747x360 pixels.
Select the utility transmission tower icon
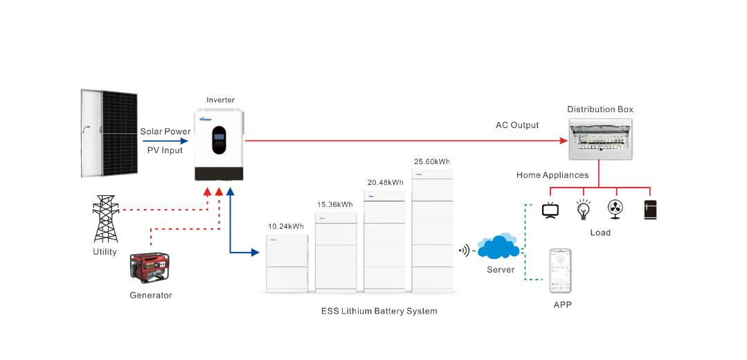[x=105, y=218]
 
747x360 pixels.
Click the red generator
[x=150, y=267]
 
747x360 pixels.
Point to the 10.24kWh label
[x=286, y=226]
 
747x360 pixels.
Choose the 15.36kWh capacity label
[x=335, y=204]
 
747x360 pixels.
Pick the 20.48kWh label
[x=385, y=183]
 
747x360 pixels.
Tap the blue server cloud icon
[x=499, y=247]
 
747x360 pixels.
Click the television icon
[x=550, y=210]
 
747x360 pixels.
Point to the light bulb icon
[x=584, y=208]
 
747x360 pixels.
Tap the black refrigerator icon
[x=649, y=209]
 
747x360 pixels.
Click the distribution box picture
[x=600, y=140]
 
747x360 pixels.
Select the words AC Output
[x=517, y=125]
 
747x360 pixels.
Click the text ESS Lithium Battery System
[x=379, y=311]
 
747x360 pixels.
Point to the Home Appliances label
[x=552, y=175]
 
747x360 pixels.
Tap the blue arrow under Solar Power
[x=165, y=141]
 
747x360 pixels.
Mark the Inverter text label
[x=220, y=100]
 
